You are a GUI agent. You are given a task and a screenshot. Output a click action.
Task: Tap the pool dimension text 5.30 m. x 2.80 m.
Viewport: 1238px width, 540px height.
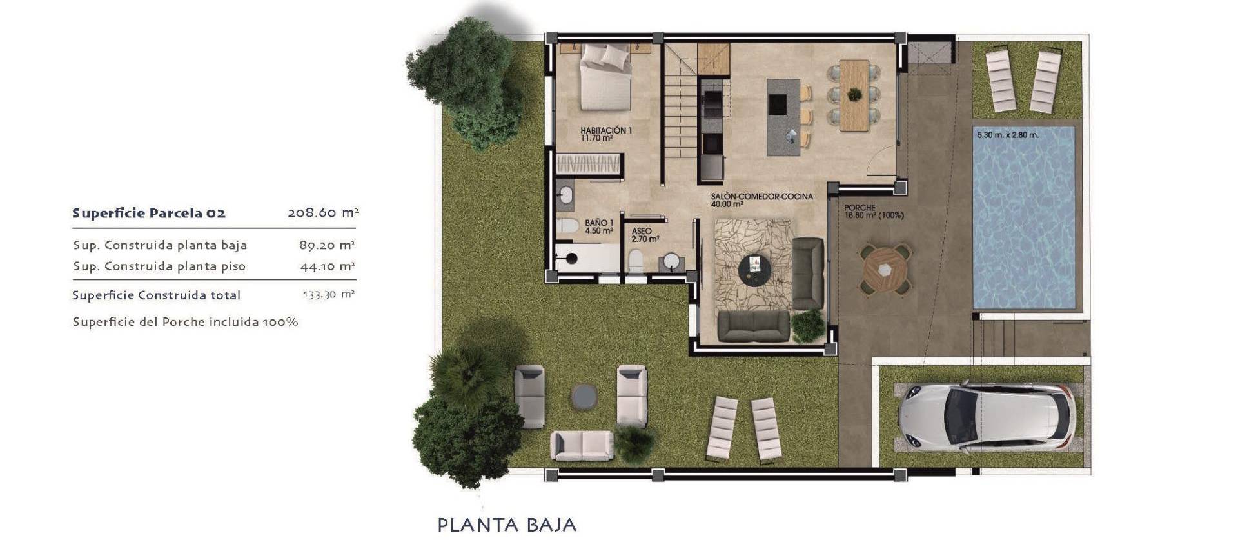(1007, 135)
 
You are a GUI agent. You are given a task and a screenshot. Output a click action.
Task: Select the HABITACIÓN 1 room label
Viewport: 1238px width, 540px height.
(605, 134)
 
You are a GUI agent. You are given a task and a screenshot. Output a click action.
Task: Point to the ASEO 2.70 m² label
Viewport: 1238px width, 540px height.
(644, 235)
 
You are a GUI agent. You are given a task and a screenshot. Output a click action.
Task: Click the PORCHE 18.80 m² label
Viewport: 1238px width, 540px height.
(873, 212)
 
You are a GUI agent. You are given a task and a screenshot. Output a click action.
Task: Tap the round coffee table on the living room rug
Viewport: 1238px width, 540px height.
(754, 269)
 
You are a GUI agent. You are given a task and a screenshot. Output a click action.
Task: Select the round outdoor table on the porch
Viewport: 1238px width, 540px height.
(885, 269)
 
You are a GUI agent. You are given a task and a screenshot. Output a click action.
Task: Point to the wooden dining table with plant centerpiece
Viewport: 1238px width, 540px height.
(854, 95)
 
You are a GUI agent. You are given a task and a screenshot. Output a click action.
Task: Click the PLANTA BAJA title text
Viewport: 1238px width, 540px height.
(507, 525)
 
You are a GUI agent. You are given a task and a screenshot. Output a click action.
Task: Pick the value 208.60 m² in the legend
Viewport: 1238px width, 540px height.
(322, 213)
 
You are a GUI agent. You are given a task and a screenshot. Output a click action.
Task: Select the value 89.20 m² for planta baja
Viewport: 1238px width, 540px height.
(328, 245)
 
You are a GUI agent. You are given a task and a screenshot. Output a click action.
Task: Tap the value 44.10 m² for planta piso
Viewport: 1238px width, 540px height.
(328, 266)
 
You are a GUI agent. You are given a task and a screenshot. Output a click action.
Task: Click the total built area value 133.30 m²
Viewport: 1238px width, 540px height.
(329, 295)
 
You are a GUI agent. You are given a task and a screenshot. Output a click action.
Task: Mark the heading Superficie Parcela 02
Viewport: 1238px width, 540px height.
(149, 214)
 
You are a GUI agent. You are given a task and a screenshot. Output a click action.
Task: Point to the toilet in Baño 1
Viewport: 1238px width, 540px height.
(568, 226)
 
